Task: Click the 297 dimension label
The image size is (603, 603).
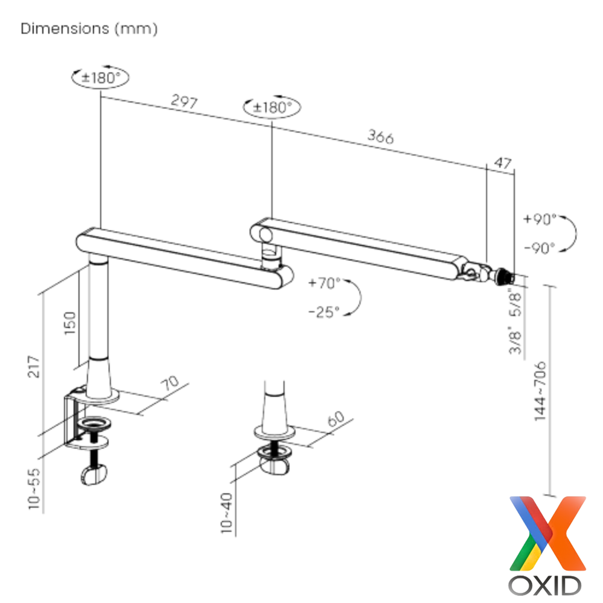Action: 184,102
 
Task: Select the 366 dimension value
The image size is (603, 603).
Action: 380,137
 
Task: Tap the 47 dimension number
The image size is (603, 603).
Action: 502,162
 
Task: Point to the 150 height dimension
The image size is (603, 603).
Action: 71,324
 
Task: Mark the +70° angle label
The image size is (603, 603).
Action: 324,283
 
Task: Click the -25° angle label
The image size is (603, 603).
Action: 324,311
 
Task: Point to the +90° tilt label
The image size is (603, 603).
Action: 540,219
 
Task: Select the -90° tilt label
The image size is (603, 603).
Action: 540,248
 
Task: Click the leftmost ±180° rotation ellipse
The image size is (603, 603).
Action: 100,77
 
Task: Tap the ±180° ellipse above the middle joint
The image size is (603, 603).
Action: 272,107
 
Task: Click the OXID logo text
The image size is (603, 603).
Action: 545,584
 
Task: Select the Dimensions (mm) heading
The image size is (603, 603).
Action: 89,28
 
